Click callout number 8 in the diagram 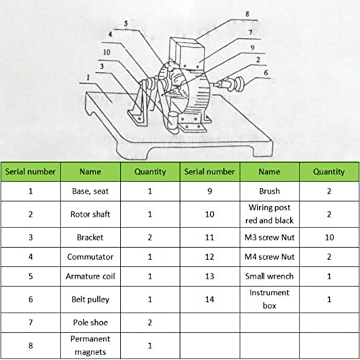point(247,14)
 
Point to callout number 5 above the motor point(126,24)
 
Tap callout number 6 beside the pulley point(266,73)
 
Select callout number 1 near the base point(88,77)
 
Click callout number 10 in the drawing point(107,52)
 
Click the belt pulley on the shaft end point(235,84)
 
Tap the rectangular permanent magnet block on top point(186,53)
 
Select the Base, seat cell point(90,192)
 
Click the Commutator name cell point(90,257)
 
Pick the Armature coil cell point(90,276)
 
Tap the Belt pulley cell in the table point(90,300)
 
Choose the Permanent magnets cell point(90,346)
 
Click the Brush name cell point(269,192)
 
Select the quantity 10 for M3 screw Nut point(329,238)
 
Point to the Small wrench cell point(269,276)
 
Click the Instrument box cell point(269,300)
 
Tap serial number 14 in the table point(210,300)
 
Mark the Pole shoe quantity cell point(150,323)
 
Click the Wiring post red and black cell point(269,214)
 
